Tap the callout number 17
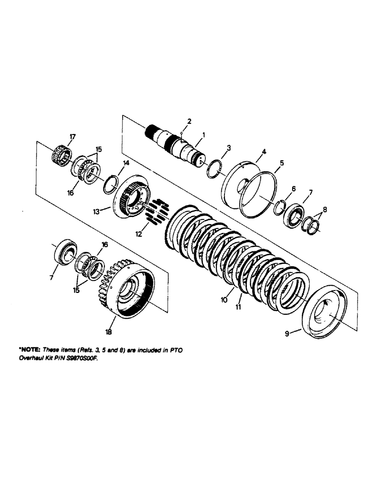72,137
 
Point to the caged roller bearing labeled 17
61,154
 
